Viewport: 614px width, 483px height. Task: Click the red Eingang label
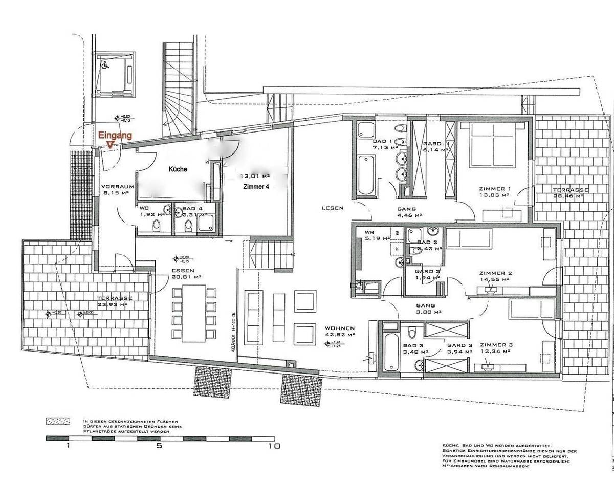[x=115, y=136]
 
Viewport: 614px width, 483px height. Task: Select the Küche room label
[x=178, y=169]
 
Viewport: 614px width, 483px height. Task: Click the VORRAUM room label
[x=117, y=190]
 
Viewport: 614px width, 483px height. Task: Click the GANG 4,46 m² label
[x=408, y=212]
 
